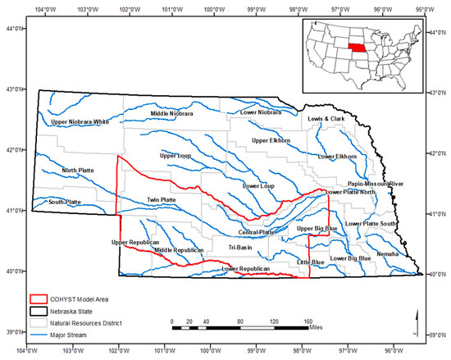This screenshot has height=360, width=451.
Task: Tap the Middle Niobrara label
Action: pyautogui.click(x=171, y=113)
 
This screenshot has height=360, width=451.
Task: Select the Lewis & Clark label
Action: pyautogui.click(x=326, y=119)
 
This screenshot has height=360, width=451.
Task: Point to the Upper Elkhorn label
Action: pyautogui.click(x=271, y=140)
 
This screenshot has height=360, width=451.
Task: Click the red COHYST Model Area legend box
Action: pyautogui.click(x=39, y=299)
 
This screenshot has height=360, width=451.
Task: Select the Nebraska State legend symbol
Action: pyautogui.click(x=39, y=311)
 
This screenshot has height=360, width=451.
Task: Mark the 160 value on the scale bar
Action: pyautogui.click(x=308, y=321)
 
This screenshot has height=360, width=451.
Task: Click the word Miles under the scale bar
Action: pyautogui.click(x=313, y=333)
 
